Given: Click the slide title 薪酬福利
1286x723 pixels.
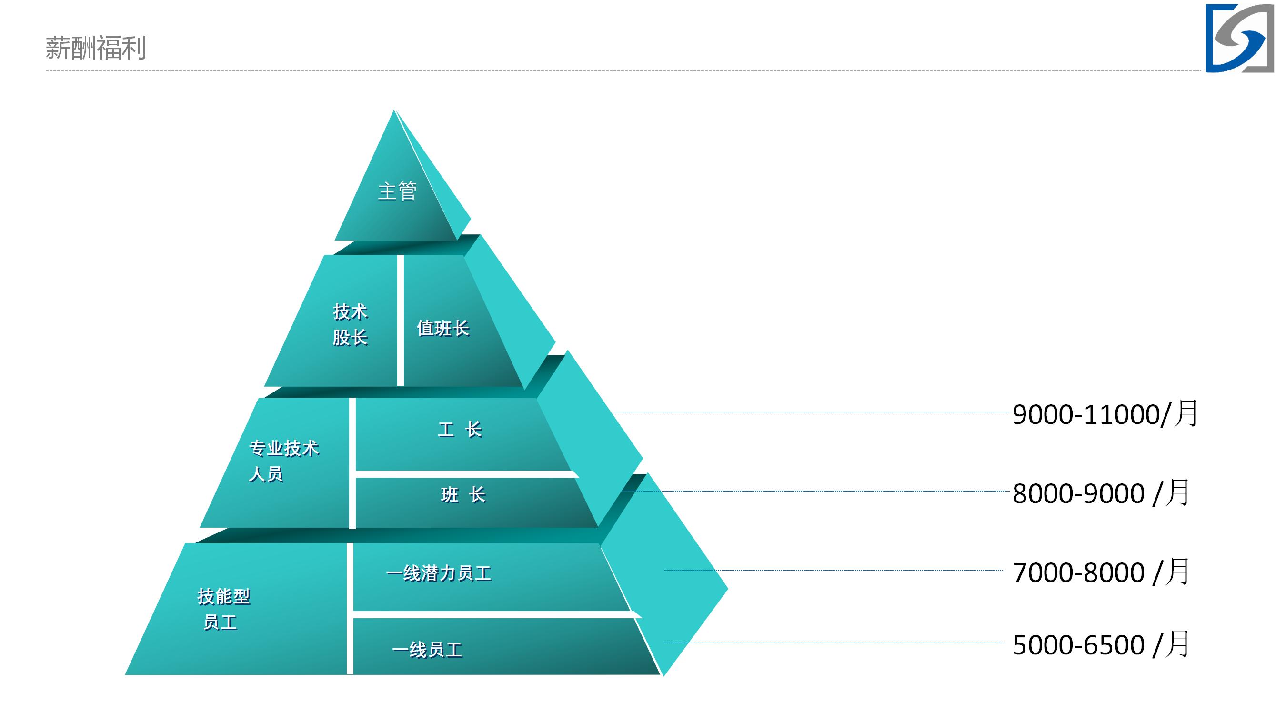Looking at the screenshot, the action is (x=95, y=48).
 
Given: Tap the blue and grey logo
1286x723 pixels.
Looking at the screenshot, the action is (x=1240, y=39).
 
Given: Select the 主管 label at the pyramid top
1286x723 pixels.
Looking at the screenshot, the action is (x=397, y=191).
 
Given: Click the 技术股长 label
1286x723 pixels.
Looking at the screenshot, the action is (x=350, y=324).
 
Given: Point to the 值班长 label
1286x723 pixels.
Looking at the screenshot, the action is (x=443, y=329).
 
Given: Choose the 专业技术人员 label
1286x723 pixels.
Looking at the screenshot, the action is (x=283, y=461).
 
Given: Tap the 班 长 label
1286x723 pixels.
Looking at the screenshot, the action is (x=463, y=495).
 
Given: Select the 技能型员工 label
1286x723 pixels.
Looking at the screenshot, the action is (x=224, y=609).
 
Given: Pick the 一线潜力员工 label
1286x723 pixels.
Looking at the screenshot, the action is (x=439, y=573).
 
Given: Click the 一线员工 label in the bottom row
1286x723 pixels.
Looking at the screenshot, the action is (x=427, y=650).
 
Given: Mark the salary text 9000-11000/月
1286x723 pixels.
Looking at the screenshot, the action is (x=1105, y=414).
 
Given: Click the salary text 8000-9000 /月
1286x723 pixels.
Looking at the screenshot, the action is (x=1101, y=493).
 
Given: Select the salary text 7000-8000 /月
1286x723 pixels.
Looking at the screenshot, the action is (x=1101, y=572).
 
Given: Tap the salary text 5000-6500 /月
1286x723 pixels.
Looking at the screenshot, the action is (x=1101, y=644).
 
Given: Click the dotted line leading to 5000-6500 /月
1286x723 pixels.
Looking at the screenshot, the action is (x=834, y=643).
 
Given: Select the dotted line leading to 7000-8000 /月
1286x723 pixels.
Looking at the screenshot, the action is (x=834, y=570).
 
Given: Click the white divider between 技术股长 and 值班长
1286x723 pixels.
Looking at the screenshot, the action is (x=401, y=320).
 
